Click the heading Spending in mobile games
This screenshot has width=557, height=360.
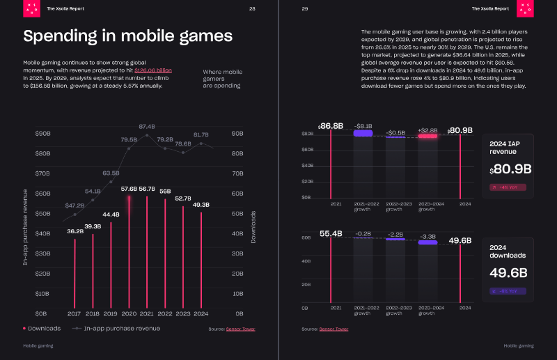(x=128, y=36)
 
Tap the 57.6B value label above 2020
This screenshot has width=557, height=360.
(x=129, y=189)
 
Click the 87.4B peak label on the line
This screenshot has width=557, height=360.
(x=147, y=126)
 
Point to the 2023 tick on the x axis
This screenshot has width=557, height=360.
(x=183, y=314)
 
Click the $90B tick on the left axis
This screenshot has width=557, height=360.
(x=42, y=133)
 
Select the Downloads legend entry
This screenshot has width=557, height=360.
(x=42, y=328)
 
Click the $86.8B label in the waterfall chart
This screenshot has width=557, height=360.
(x=331, y=125)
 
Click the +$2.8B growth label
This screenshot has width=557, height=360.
(x=427, y=130)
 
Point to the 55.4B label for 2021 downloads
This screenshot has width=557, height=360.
(x=331, y=233)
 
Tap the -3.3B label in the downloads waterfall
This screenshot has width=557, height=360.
(x=427, y=237)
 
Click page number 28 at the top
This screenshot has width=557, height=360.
(x=252, y=8)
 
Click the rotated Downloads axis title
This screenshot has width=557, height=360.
(x=253, y=227)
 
